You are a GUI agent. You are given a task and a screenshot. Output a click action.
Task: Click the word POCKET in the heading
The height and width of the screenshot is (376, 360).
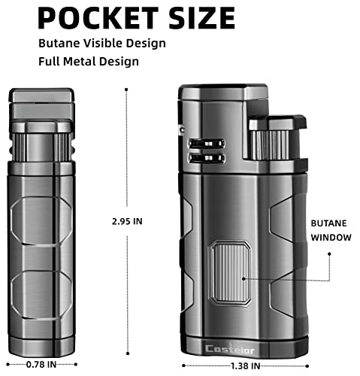pos(96,17)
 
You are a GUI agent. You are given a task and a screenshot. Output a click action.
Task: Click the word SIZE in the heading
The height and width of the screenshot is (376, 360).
pos(198,17)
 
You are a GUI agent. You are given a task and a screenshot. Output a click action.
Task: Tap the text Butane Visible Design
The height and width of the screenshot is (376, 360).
pos(102,43)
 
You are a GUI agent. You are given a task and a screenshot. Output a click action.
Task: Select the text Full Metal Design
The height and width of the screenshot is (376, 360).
pos(89,61)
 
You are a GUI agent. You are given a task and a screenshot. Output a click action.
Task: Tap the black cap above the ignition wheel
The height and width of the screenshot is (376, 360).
pos(278,123)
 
